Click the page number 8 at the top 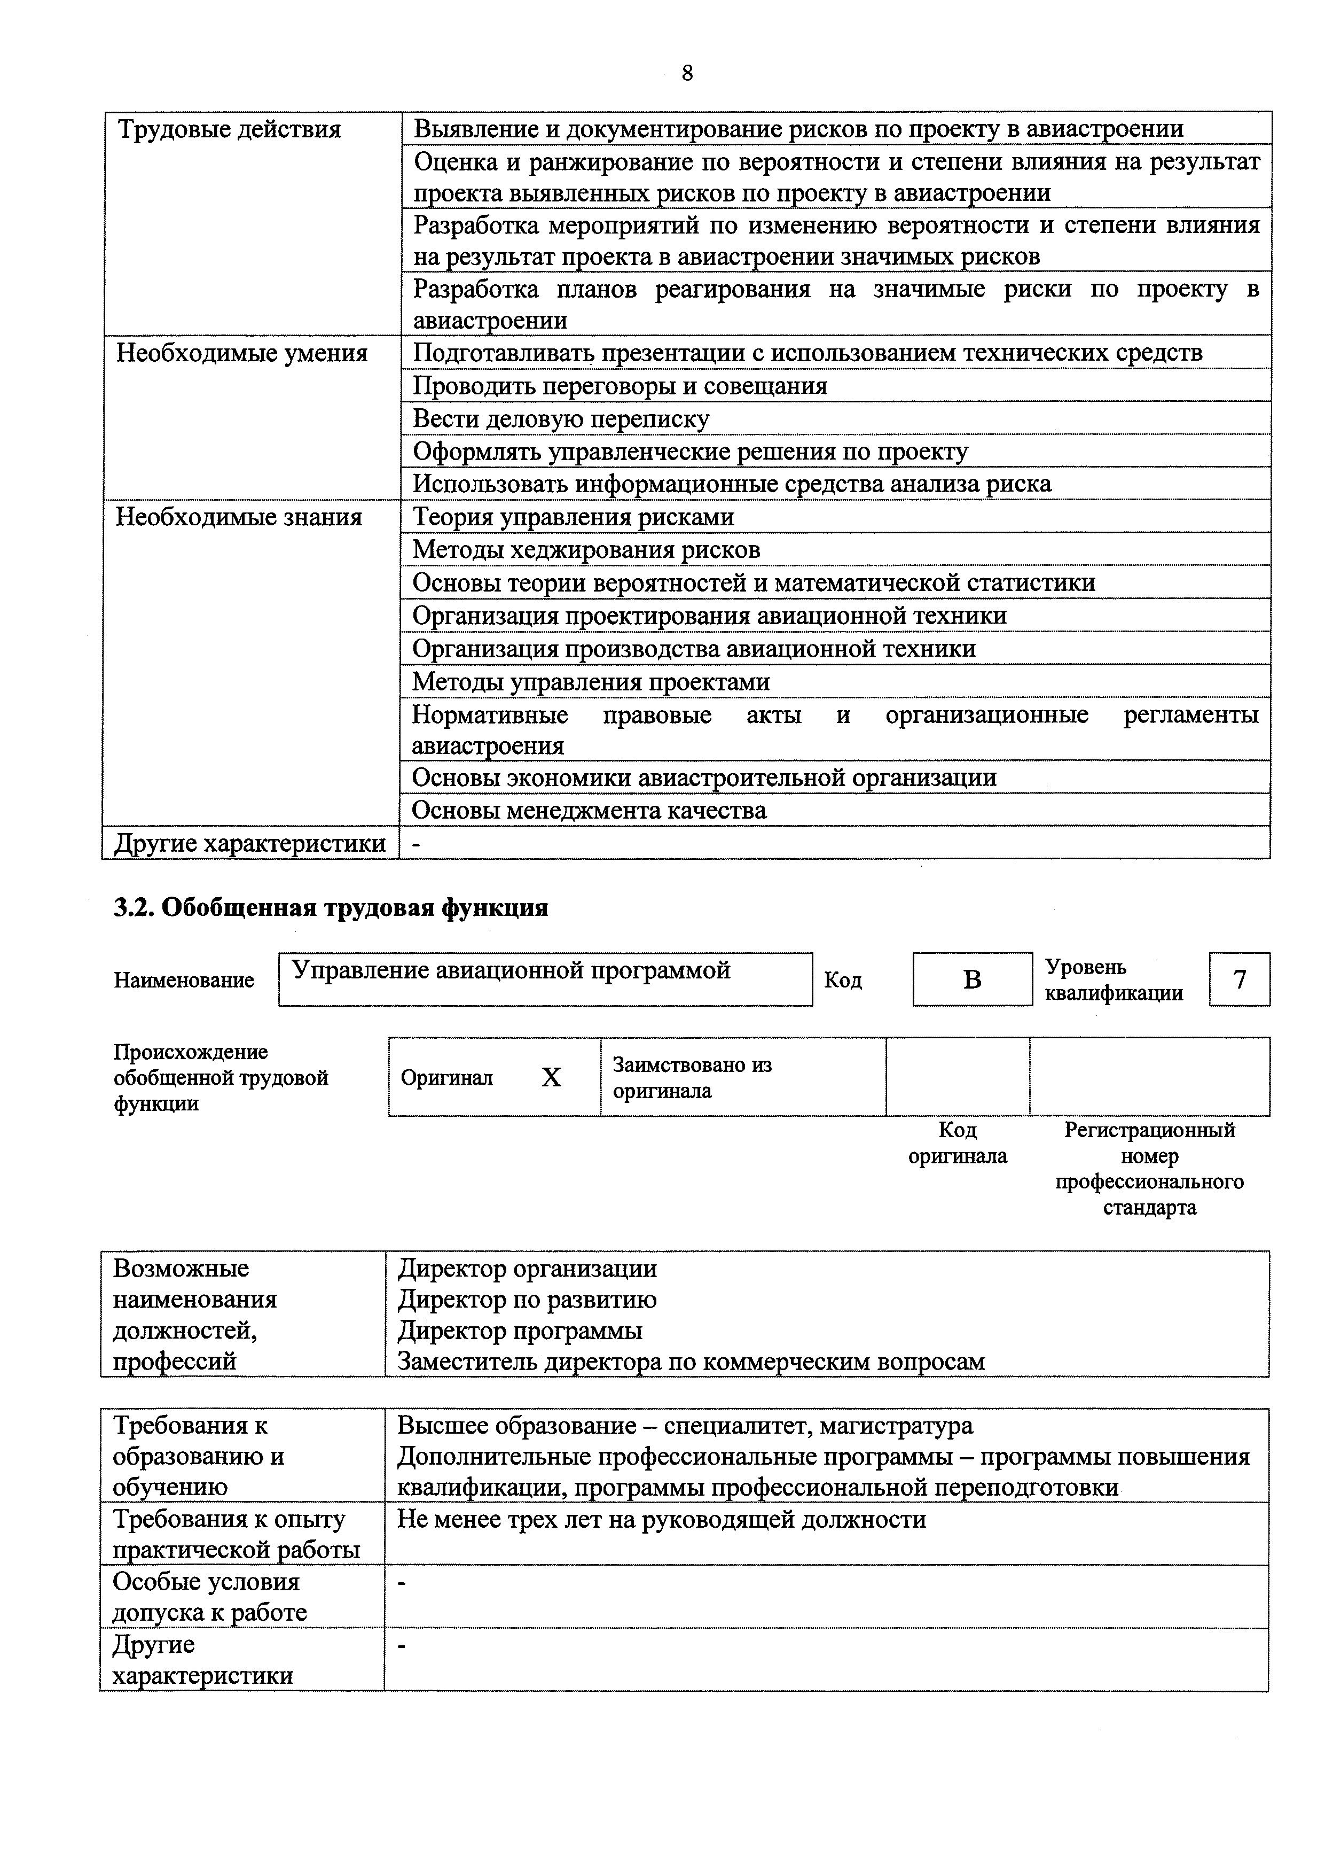(x=687, y=73)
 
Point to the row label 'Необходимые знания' (x=239, y=517)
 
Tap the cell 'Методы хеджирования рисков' (x=586, y=549)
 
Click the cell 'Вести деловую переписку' (x=561, y=419)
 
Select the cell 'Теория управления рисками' (x=573, y=517)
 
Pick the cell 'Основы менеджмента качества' (x=589, y=811)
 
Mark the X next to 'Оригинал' (x=552, y=1077)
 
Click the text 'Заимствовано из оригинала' (x=692, y=1077)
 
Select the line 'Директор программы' (x=520, y=1331)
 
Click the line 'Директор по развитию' (x=527, y=1300)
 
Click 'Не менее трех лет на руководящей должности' (x=661, y=1519)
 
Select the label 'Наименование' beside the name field (x=184, y=979)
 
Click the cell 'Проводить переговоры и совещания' (x=620, y=385)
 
